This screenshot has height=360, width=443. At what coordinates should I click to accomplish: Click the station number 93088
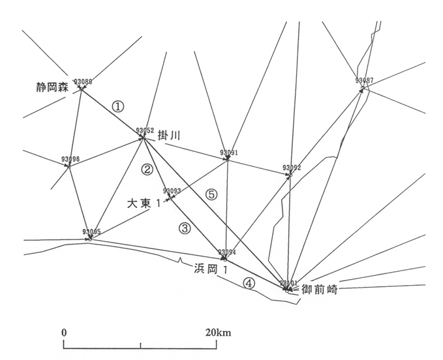click(x=83, y=82)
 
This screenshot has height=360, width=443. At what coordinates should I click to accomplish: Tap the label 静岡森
click(x=52, y=87)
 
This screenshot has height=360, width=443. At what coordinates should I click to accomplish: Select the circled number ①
click(x=117, y=106)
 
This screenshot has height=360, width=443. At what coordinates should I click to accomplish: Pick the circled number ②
click(x=147, y=170)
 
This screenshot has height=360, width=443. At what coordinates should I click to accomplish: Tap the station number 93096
click(x=70, y=159)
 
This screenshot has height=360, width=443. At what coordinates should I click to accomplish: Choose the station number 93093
click(x=172, y=191)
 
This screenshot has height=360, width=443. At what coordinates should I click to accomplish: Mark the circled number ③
click(x=185, y=228)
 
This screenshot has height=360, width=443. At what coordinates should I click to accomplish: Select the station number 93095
click(x=92, y=232)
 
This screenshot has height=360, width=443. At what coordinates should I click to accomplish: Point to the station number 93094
click(x=226, y=252)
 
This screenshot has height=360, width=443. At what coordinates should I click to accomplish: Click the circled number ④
click(x=248, y=283)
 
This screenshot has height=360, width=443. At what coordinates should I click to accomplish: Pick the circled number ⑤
click(x=210, y=194)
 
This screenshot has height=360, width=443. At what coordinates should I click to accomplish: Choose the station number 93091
click(x=228, y=153)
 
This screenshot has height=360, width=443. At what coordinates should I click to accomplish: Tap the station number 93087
click(x=365, y=81)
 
